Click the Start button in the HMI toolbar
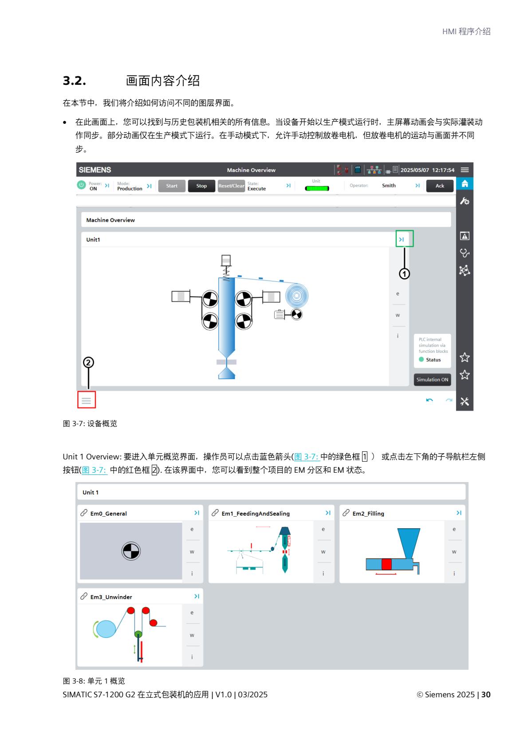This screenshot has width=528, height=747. [172, 186]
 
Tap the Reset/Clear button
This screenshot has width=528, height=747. [231, 186]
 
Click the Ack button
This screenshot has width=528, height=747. [440, 186]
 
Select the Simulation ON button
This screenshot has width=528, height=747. [432, 379]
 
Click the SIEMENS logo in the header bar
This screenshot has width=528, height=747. [95, 170]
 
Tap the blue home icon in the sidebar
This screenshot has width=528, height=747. [465, 183]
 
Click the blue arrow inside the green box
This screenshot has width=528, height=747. [402, 239]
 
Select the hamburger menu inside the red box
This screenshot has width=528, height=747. [87, 400]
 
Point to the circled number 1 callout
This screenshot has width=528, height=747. [404, 274]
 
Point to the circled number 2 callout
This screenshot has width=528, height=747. [88, 362]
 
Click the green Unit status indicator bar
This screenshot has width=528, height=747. [317, 189]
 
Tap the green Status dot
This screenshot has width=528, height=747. [422, 360]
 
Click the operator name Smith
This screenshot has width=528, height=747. [389, 186]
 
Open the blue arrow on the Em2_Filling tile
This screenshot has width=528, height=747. [459, 513]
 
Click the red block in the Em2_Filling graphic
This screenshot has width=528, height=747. [386, 564]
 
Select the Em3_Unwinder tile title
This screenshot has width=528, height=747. [111, 597]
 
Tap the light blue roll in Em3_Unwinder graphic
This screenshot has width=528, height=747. [106, 629]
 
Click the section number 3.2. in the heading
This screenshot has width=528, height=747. [75, 81]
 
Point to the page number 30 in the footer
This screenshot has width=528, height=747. [486, 695]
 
